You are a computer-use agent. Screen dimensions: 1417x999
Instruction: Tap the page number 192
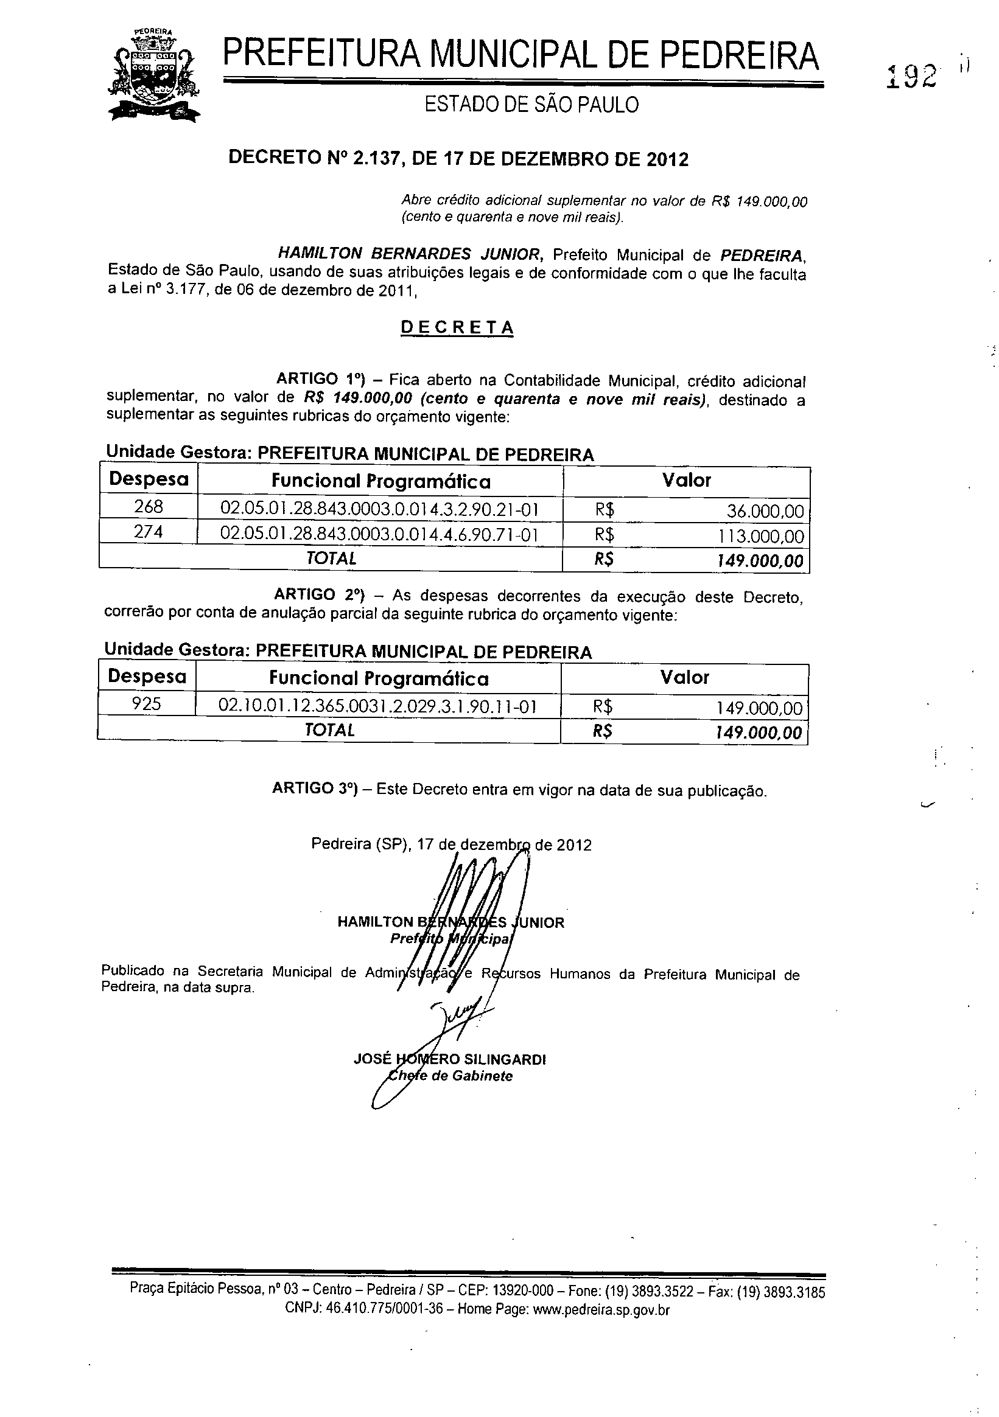pyautogui.click(x=911, y=77)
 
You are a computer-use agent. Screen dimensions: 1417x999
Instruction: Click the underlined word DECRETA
pyautogui.click(x=457, y=328)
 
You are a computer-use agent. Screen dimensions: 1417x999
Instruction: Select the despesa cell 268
pyautogui.click(x=148, y=507)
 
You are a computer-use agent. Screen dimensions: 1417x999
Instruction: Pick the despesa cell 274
pyautogui.click(x=148, y=531)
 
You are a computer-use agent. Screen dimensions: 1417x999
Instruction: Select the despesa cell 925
pyautogui.click(x=146, y=703)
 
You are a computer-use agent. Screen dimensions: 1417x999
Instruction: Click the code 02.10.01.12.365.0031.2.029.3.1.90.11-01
pyautogui.click(x=377, y=706)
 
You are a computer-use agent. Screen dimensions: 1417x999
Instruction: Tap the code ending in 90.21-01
pyautogui.click(x=380, y=510)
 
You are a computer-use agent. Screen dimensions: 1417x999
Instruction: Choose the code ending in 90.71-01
pyautogui.click(x=379, y=534)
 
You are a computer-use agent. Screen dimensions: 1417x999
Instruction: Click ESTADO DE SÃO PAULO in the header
pyautogui.click(x=531, y=105)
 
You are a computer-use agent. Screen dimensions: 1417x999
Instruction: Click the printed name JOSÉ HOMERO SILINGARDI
pyautogui.click(x=449, y=1060)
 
